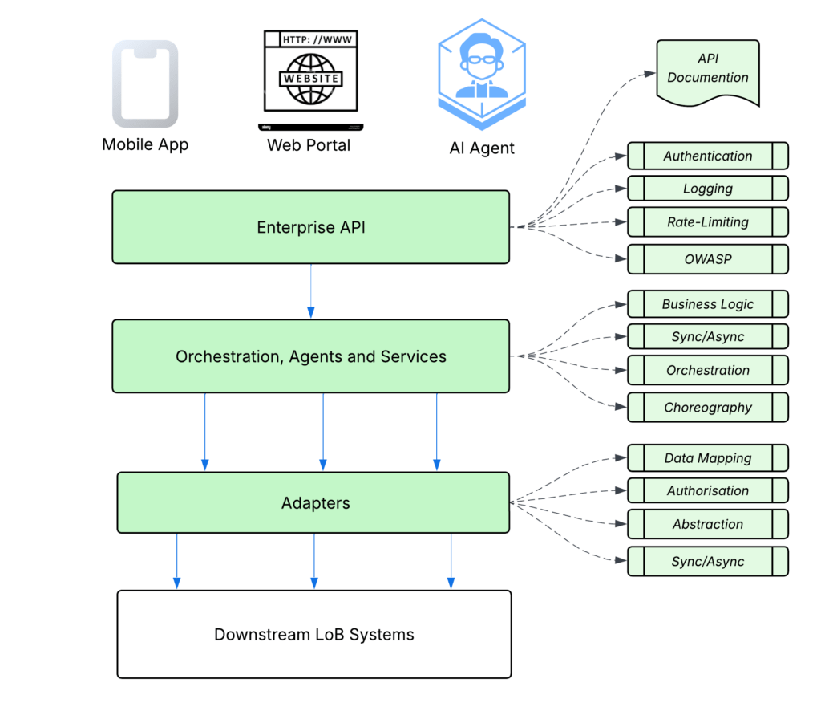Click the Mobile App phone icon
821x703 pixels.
(144, 84)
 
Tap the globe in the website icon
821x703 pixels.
(309, 79)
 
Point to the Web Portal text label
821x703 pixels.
(309, 145)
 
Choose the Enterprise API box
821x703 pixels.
(310, 227)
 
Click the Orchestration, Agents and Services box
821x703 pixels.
(310, 356)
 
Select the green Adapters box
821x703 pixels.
(313, 503)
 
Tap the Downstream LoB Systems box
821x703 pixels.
(313, 635)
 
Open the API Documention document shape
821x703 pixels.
(707, 71)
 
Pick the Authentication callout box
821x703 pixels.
(707, 156)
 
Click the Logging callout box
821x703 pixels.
(707, 189)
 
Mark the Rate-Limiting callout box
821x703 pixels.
(707, 222)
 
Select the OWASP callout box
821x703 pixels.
(707, 259)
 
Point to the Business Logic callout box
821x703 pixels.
(707, 304)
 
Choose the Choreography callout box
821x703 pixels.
(707, 407)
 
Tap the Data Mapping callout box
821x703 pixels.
(707, 458)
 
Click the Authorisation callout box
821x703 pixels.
(707, 490)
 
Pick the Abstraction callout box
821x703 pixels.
(707, 524)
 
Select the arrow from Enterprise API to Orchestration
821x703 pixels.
(310, 291)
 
